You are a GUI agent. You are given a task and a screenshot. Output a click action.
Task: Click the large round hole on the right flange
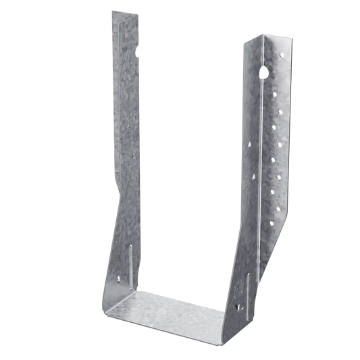point(263,70)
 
